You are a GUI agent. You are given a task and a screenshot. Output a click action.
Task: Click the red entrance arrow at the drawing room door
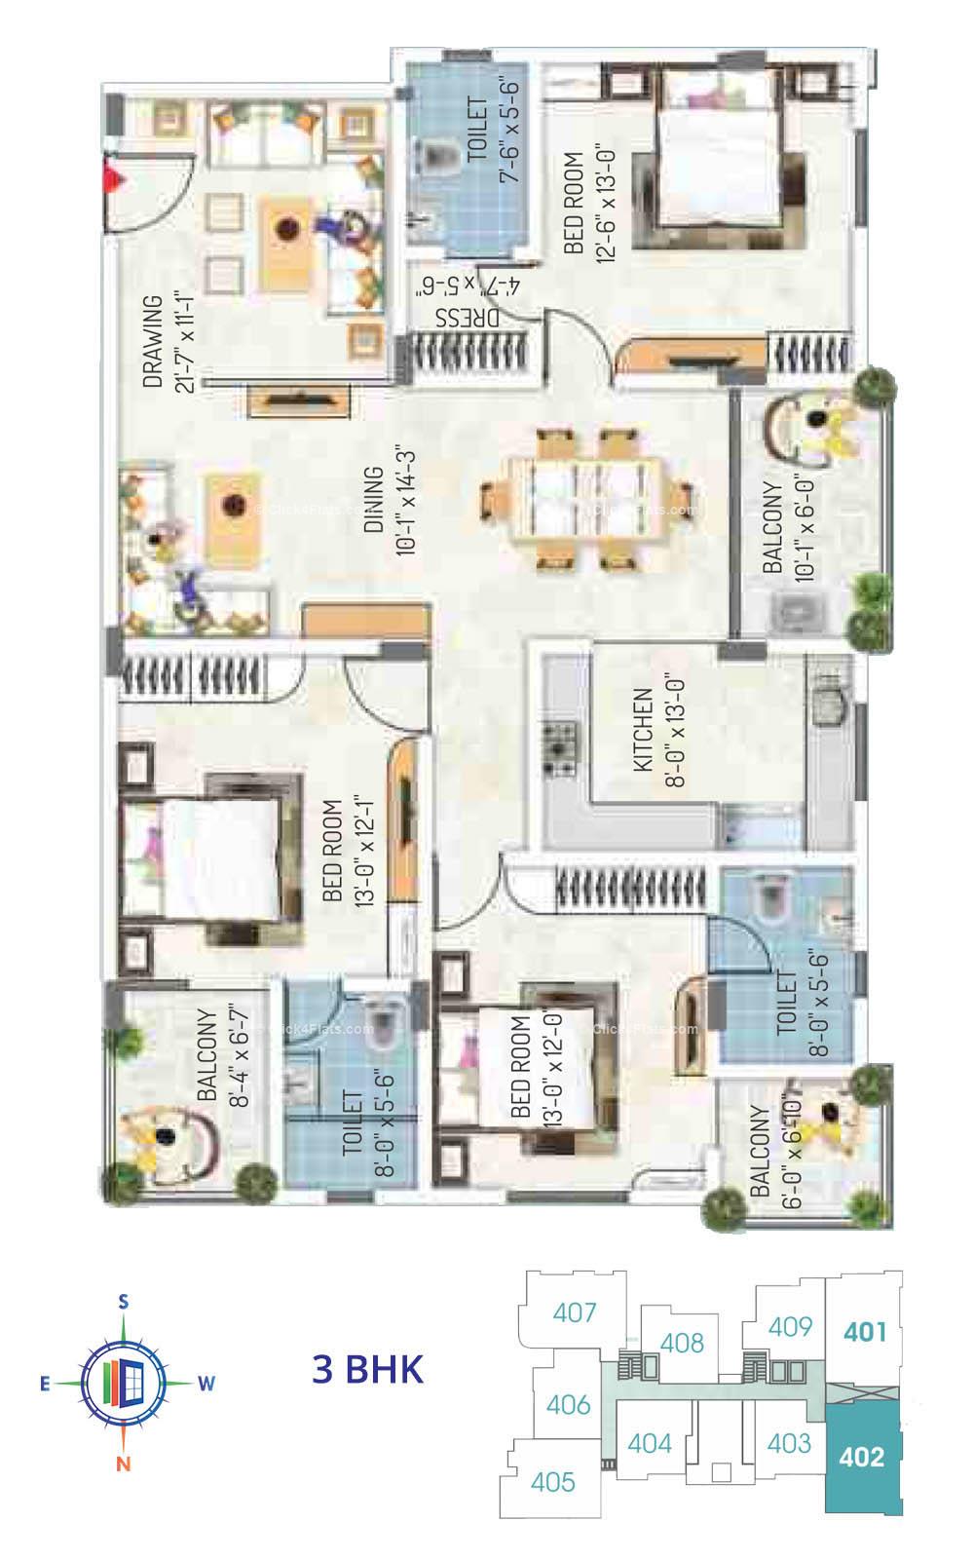click(x=115, y=179)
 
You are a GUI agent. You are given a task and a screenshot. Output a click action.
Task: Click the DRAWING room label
click(x=153, y=342)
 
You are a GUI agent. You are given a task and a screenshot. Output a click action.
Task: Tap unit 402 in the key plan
click(x=862, y=1457)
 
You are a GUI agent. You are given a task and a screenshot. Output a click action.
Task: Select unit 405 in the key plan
click(x=553, y=1482)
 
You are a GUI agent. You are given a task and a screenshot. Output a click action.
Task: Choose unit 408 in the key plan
click(x=682, y=1343)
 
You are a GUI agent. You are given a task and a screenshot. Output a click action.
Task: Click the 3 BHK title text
click(x=368, y=1369)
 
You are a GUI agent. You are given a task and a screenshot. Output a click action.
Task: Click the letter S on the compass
click(x=124, y=1301)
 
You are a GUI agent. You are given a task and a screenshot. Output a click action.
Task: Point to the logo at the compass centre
click(x=124, y=1381)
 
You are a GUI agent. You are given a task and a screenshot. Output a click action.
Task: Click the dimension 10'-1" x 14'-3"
click(x=406, y=501)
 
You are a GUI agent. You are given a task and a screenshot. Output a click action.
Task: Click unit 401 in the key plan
click(x=865, y=1330)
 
